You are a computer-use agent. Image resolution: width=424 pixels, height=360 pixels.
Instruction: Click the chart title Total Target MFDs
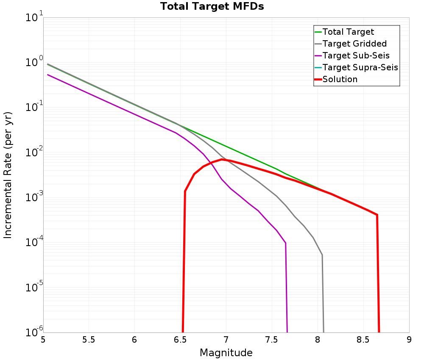212,7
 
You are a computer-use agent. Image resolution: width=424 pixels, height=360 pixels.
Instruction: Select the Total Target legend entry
348,32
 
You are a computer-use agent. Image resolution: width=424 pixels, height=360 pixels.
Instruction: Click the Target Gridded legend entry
354,44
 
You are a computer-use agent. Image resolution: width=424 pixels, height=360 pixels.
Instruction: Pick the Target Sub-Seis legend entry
356,55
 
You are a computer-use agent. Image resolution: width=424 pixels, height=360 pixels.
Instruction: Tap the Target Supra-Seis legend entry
360,67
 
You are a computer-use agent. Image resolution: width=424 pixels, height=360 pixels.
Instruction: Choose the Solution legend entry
340,79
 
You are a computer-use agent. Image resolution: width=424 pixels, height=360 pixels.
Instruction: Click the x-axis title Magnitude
226,352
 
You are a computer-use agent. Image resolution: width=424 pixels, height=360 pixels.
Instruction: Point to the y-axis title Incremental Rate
8,174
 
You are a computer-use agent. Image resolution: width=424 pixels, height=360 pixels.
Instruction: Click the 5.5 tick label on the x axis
89,340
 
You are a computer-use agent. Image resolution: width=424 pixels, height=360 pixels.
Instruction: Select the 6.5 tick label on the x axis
180,340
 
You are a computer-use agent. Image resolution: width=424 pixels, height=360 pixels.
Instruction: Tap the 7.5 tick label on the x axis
271,340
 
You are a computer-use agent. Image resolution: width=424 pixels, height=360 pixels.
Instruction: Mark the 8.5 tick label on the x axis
363,340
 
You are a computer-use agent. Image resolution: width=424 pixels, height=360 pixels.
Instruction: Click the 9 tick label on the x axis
409,340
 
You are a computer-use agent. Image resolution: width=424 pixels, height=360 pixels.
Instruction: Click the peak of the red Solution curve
222,159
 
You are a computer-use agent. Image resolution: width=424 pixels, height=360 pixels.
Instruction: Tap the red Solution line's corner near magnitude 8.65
377,215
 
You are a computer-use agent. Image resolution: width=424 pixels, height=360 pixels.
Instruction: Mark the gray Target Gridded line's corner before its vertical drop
322,255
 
